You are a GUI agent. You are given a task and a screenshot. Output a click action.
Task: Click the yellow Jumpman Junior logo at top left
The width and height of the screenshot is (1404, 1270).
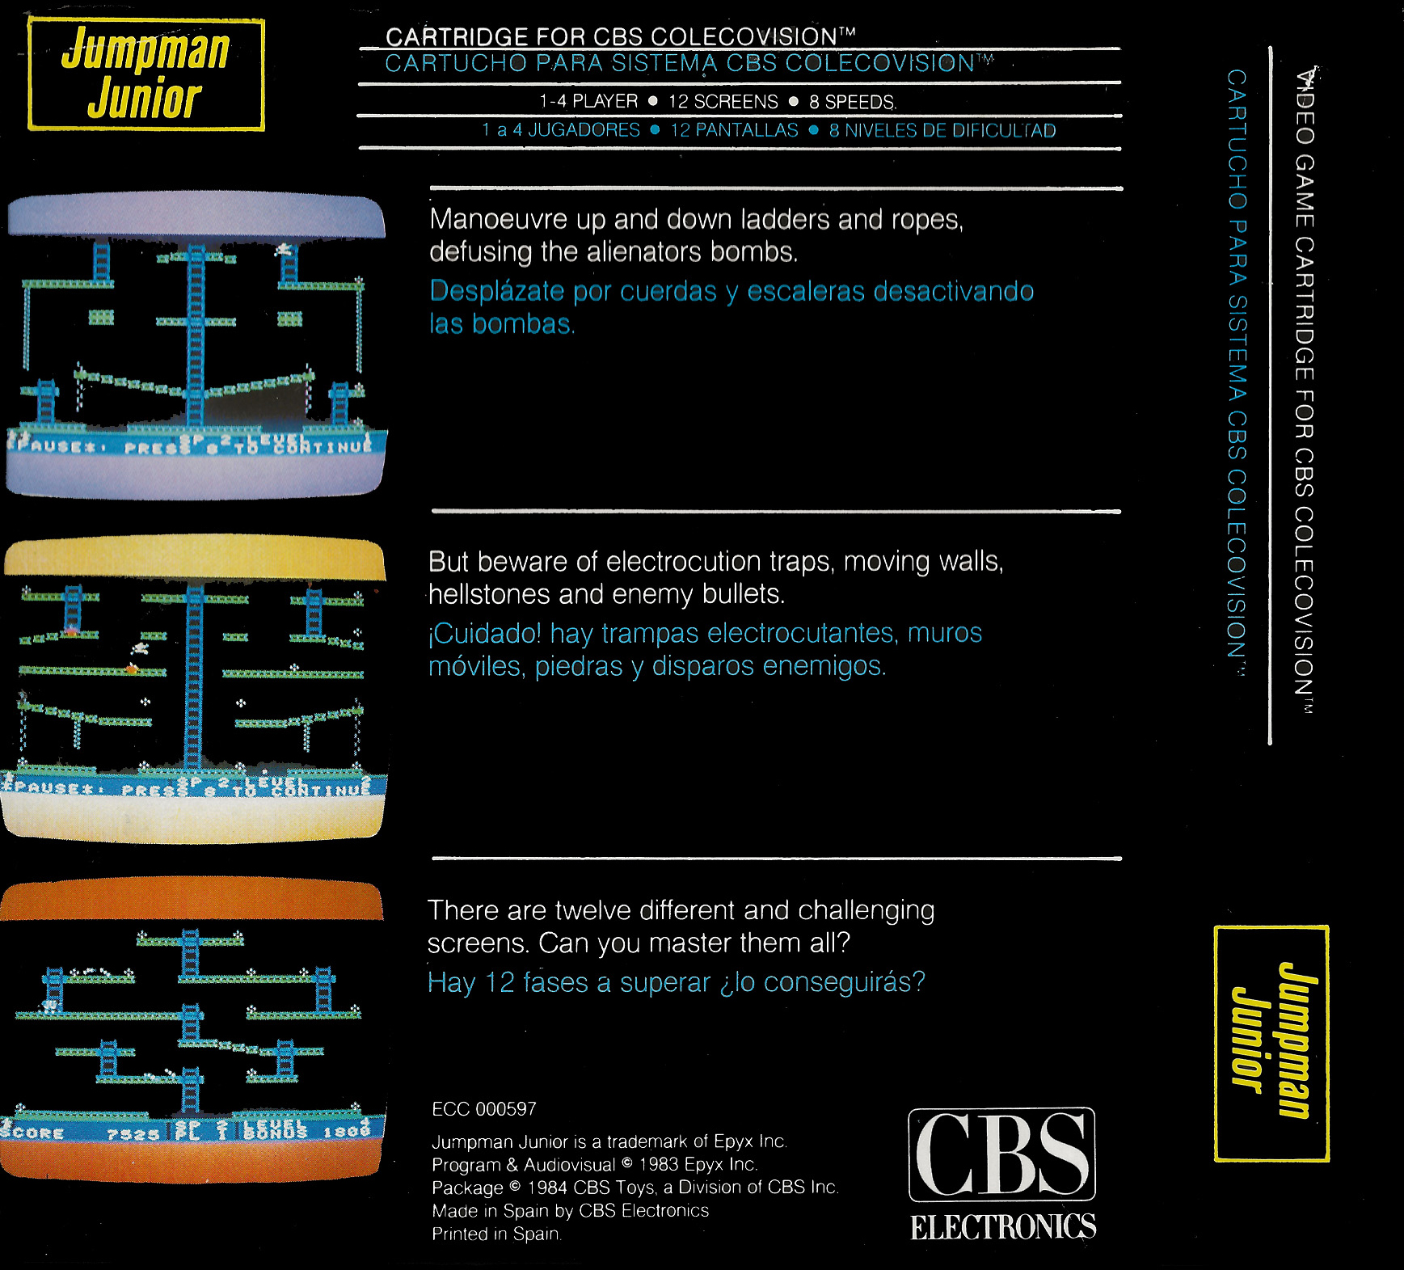[146, 74]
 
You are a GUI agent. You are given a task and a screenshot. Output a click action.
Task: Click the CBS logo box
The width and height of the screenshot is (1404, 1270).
[1001, 1154]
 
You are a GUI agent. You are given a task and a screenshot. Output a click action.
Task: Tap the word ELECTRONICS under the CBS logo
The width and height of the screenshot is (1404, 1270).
[1003, 1226]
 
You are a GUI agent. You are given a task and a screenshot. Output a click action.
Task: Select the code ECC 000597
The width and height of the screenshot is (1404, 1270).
[483, 1109]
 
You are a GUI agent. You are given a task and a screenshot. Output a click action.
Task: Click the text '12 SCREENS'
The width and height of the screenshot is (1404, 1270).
[723, 102]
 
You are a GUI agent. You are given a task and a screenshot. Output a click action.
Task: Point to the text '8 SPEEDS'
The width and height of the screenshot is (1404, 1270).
[852, 103]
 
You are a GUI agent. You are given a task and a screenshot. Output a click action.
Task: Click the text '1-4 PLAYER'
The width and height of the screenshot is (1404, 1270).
[588, 102]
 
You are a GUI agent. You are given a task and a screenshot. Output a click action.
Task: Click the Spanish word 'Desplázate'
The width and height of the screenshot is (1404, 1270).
[497, 291]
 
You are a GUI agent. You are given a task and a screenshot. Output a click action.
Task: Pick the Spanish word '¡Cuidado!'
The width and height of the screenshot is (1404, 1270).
[484, 633]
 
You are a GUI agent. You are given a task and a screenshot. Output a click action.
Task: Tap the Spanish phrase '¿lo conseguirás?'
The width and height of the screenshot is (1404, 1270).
[821, 982]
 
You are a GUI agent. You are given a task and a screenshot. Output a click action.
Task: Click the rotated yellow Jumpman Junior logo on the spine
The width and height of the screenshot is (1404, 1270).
[1271, 1043]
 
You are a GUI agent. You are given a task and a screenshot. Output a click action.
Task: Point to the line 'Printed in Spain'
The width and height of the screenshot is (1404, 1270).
[495, 1234]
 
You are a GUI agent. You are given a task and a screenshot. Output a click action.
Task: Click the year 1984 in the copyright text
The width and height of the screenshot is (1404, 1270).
[546, 1188]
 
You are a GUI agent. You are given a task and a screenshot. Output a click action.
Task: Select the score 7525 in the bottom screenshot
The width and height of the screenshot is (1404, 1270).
[133, 1135]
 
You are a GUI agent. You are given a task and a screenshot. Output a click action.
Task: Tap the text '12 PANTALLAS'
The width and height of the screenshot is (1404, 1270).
[734, 131]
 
